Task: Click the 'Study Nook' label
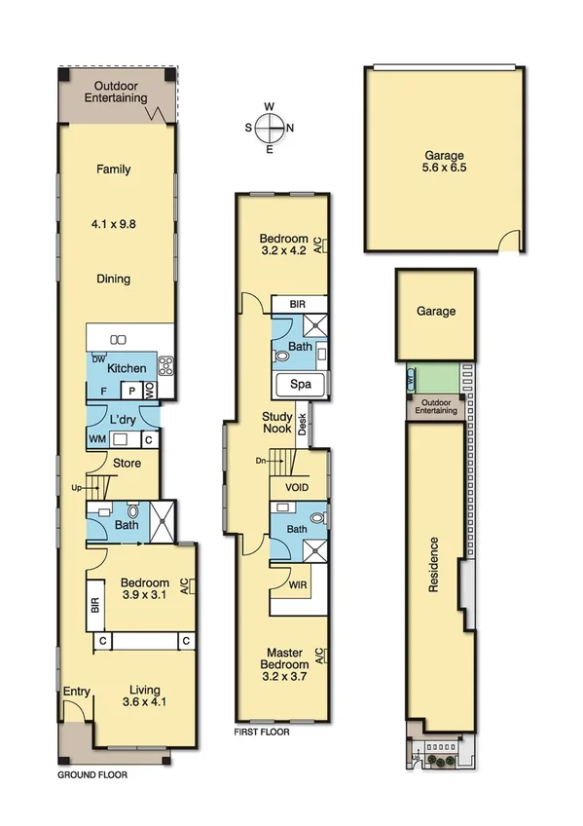point(277,423)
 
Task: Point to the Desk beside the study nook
point(303,425)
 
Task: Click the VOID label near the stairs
point(298,487)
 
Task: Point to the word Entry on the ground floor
point(77,693)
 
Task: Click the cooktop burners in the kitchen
point(165,367)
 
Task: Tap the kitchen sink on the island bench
point(119,339)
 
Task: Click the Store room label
point(128,463)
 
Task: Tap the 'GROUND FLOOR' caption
point(91,776)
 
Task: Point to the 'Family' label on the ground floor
point(113,169)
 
